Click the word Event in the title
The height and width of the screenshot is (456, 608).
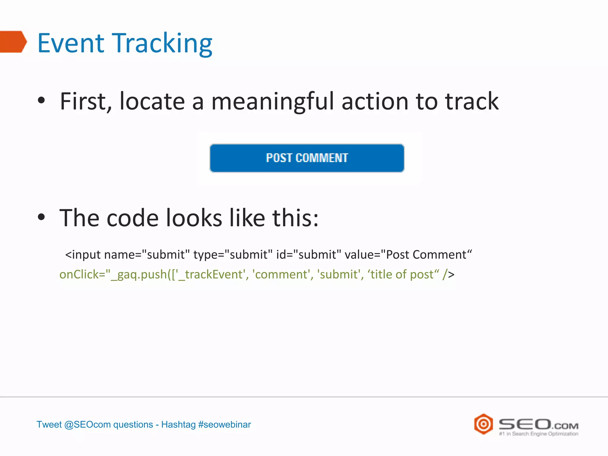(71, 43)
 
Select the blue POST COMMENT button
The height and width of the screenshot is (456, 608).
(307, 158)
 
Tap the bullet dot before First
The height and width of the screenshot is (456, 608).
(41, 100)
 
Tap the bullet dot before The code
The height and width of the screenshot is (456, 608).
(41, 217)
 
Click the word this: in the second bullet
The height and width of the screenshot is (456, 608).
(295, 218)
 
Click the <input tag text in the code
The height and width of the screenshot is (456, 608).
(83, 255)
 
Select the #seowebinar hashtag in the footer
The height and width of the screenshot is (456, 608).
(224, 425)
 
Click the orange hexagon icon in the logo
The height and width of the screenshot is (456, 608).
(483, 424)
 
